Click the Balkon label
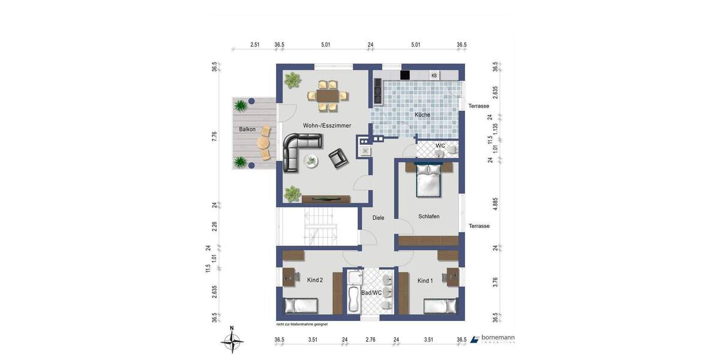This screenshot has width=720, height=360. pyautogui.click(x=247, y=130)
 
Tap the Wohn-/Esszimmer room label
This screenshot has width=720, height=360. pyautogui.click(x=327, y=125)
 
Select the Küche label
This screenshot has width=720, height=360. pyautogui.click(x=422, y=115)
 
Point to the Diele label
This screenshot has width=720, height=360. pyautogui.click(x=378, y=218)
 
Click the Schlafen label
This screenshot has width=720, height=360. pyautogui.click(x=429, y=216)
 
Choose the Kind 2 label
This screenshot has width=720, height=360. pyautogui.click(x=315, y=280)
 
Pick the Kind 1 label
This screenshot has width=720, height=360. pyautogui.click(x=425, y=280)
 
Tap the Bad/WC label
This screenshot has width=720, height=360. pyautogui.click(x=371, y=293)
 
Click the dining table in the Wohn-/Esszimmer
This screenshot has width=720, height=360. pyautogui.click(x=327, y=95)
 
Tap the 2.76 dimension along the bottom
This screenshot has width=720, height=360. pyautogui.click(x=370, y=340)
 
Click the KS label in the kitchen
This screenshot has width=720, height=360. pyautogui.click(x=434, y=75)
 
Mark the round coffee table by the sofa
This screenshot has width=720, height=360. pyautogui.click(x=311, y=160)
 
